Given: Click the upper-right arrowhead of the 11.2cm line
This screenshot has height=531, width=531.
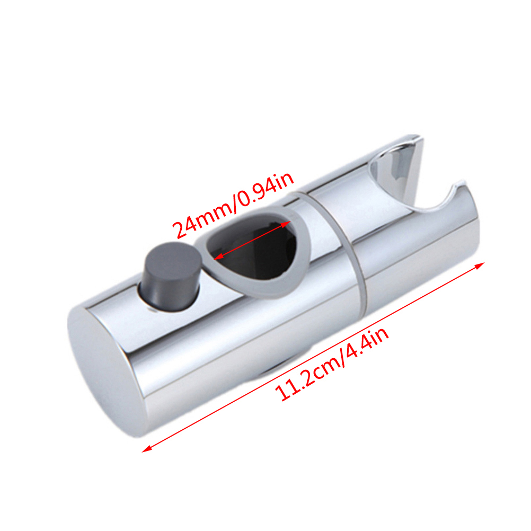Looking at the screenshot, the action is coord(480,265).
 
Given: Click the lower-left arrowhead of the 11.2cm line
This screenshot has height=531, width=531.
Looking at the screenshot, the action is coord(146,449).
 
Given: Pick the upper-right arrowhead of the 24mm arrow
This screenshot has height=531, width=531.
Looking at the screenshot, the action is coord(286,224).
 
